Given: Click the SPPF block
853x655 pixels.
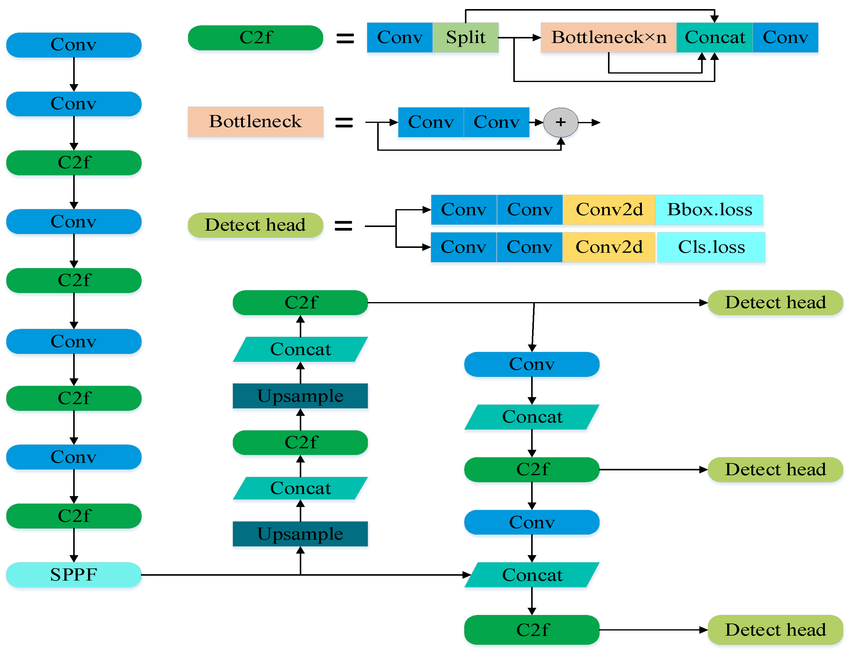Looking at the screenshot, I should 74,574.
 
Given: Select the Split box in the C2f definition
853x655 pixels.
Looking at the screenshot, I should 465,38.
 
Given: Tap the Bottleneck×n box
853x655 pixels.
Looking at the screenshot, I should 608,38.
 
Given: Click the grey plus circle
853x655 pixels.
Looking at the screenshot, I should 560,122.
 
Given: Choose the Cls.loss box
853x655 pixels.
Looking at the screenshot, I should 711,247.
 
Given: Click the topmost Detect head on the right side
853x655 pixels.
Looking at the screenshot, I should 775,303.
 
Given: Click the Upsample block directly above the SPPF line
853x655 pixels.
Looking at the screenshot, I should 300,534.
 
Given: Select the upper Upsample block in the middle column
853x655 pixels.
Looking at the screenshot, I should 300,396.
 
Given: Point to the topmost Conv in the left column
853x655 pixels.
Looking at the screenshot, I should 74,45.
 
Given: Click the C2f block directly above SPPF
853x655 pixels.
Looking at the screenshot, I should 74,516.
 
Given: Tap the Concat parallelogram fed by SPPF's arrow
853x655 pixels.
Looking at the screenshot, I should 532,575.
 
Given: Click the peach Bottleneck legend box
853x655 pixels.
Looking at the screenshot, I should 255,121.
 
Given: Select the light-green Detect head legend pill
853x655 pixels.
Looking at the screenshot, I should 255,225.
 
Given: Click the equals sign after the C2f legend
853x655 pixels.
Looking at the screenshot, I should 345,38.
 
